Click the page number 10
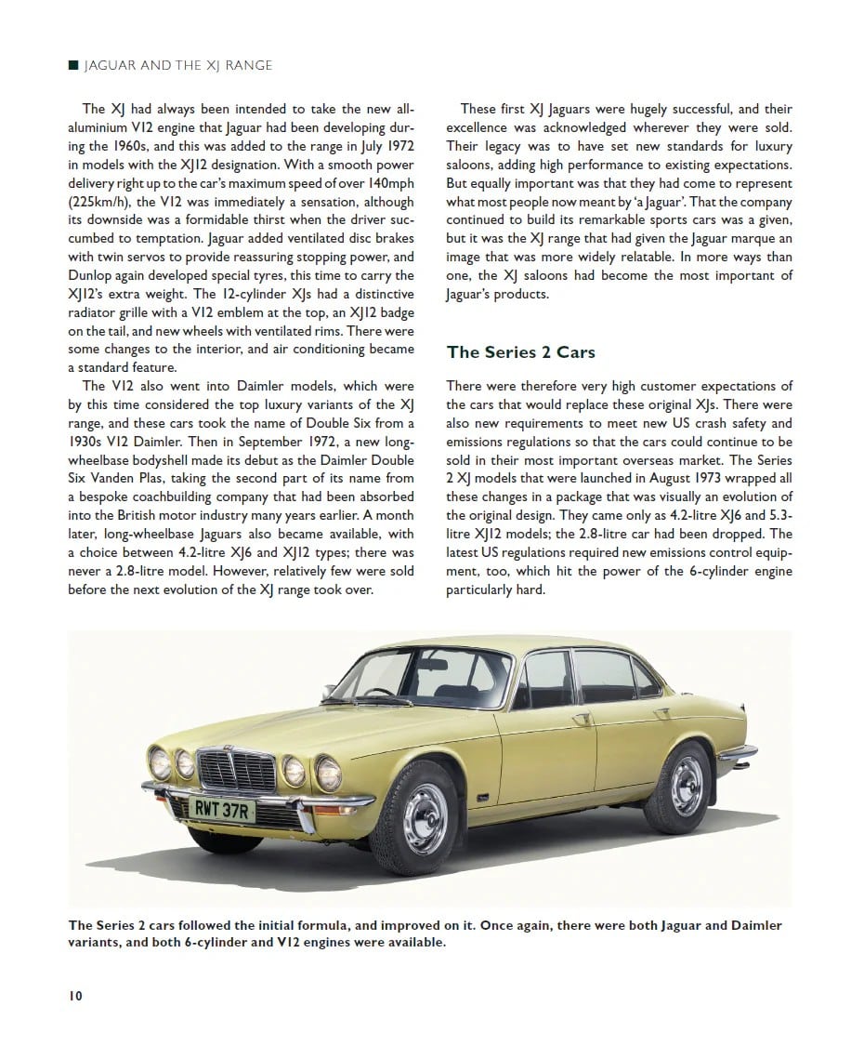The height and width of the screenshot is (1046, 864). tap(75, 996)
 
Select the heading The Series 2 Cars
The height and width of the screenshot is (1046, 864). tap(520, 352)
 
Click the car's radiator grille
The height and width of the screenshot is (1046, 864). tap(238, 772)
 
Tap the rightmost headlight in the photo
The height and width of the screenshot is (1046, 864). tap(328, 773)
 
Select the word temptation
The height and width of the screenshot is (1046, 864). tap(161, 238)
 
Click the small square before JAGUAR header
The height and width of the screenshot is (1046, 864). tap(73, 65)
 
